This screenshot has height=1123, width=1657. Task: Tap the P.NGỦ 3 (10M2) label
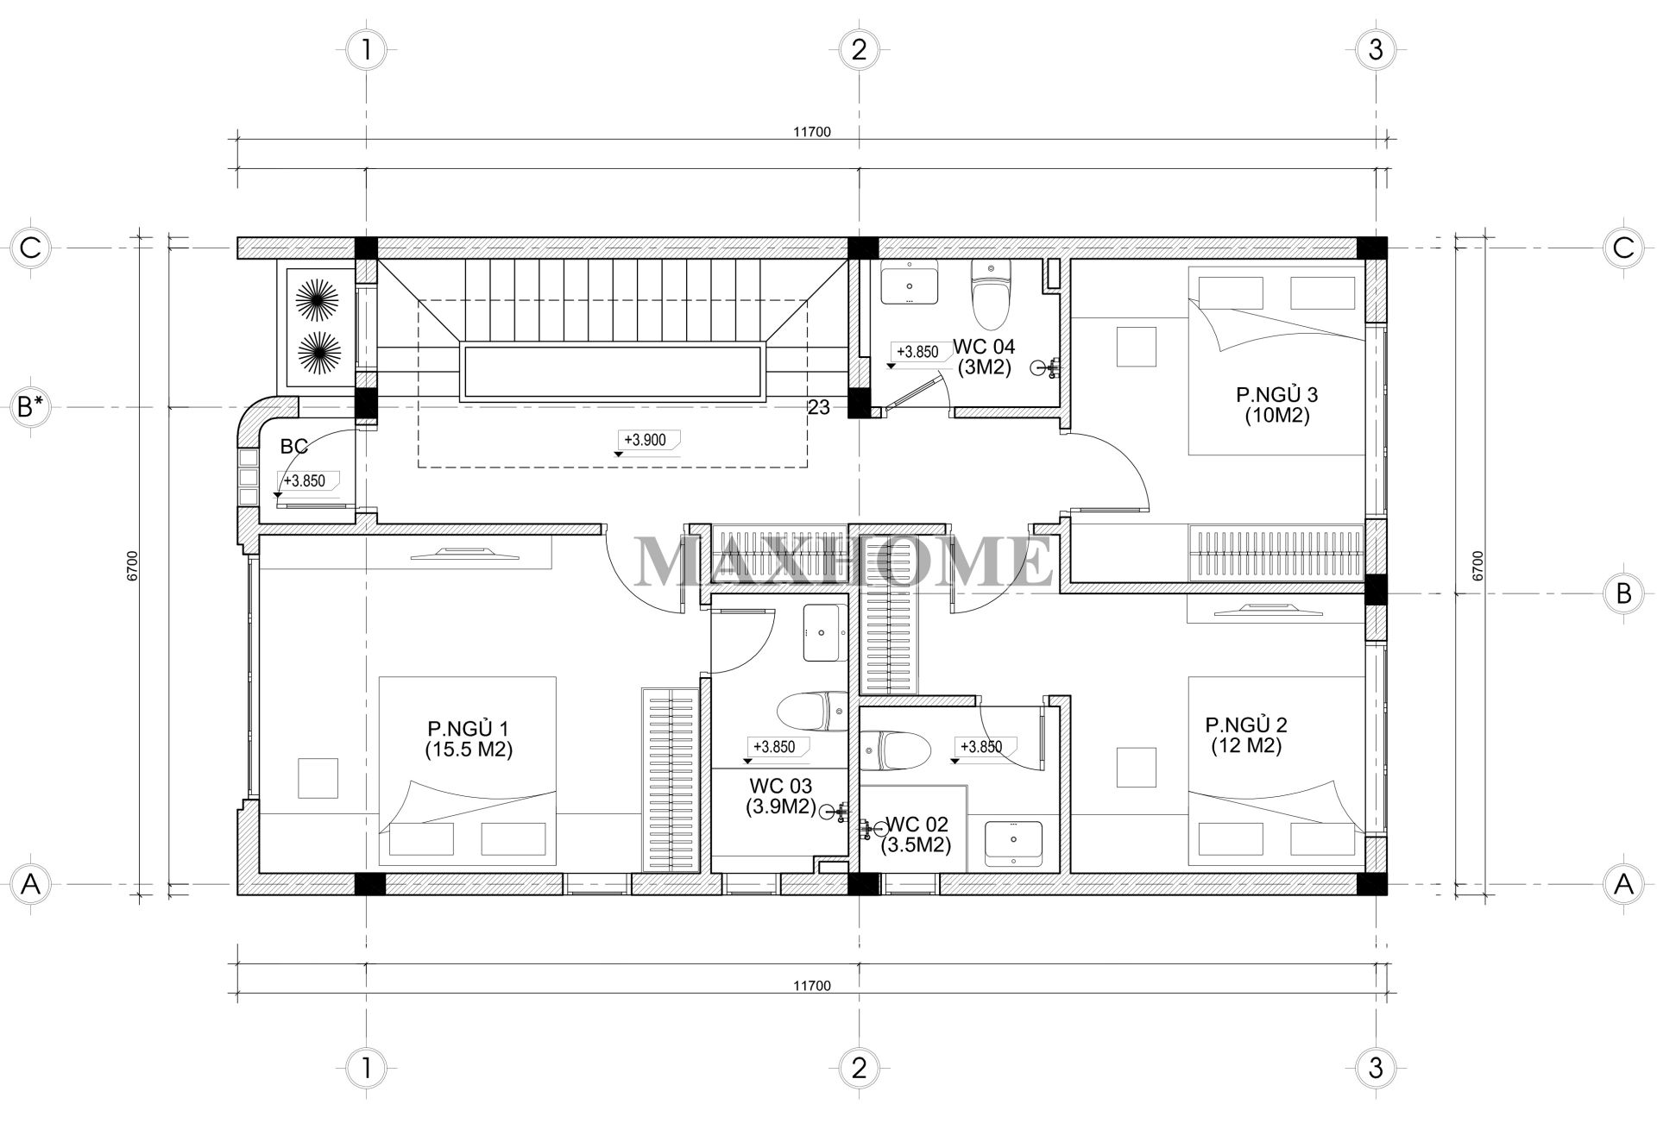pos(1276,405)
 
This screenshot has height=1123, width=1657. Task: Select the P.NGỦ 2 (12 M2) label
pos(1245,735)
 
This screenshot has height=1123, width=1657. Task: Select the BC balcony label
pos(294,446)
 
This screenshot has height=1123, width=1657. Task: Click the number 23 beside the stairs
pos(819,407)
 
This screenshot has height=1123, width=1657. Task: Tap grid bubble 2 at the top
pos(858,50)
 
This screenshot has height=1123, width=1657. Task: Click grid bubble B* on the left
pos(31,406)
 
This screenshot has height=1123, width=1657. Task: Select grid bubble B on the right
pos(1623,593)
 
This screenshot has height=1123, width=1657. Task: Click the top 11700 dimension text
pos(811,132)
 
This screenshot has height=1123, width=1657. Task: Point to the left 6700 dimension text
pos(131,566)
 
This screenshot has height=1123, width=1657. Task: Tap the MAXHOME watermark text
pos(844,561)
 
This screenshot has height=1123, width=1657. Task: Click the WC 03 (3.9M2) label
pos(781,796)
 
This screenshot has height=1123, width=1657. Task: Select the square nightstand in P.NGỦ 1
pos(318,777)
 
